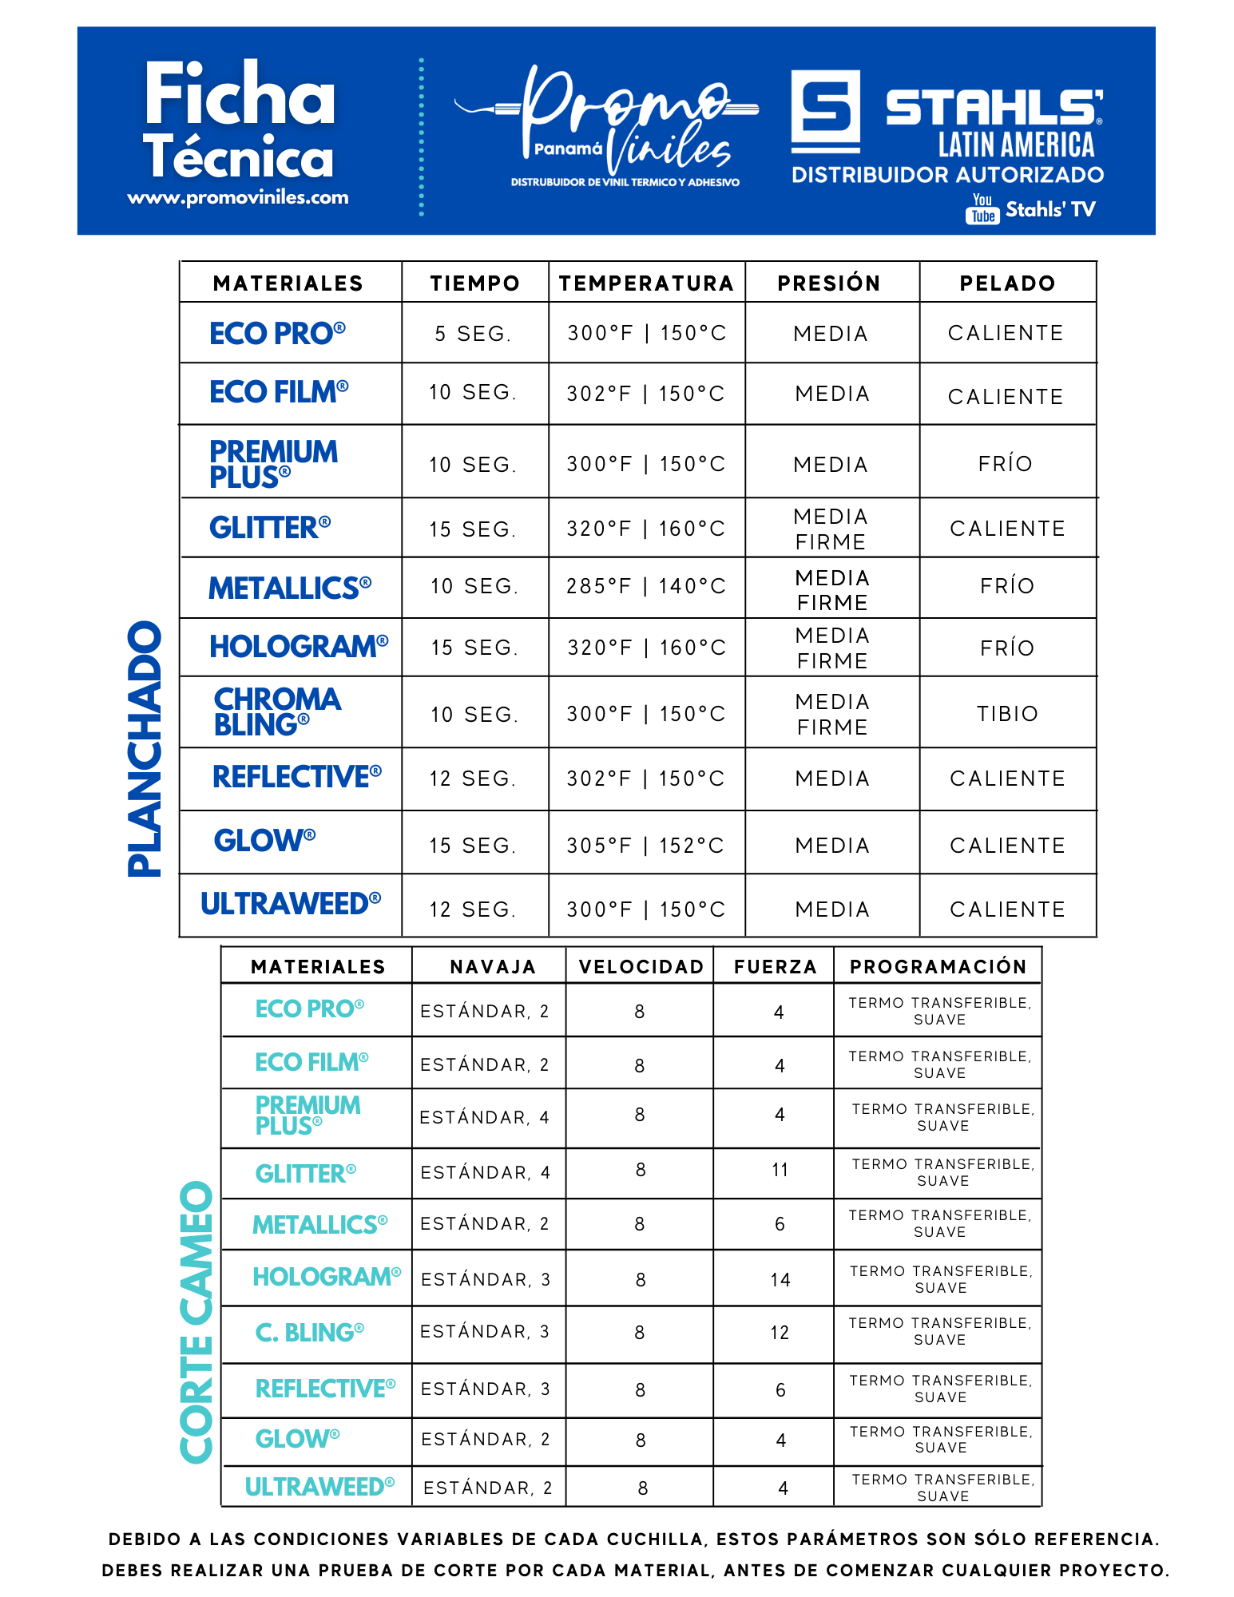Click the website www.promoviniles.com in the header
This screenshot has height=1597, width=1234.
238,197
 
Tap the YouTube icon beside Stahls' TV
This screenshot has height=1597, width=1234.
982,209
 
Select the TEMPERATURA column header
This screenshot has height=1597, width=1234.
646,283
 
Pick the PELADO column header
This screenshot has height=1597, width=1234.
1007,283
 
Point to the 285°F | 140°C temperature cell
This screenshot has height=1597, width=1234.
646,586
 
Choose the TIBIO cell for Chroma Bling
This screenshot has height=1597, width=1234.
1007,714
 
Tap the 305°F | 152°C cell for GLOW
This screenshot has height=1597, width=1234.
645,846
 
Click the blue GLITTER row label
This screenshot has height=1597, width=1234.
269,528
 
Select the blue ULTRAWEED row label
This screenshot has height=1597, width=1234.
290,904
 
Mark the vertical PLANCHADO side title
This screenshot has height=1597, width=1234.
145,749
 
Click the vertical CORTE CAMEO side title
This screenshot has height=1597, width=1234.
196,1322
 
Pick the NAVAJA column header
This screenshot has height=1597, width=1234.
493,967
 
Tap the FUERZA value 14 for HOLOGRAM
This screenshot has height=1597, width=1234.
780,1280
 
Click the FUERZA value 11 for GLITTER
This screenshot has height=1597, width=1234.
780,1171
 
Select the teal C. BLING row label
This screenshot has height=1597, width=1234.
309,1333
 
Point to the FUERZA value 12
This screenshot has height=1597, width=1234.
780,1333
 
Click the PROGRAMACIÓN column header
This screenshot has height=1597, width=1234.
938,967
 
